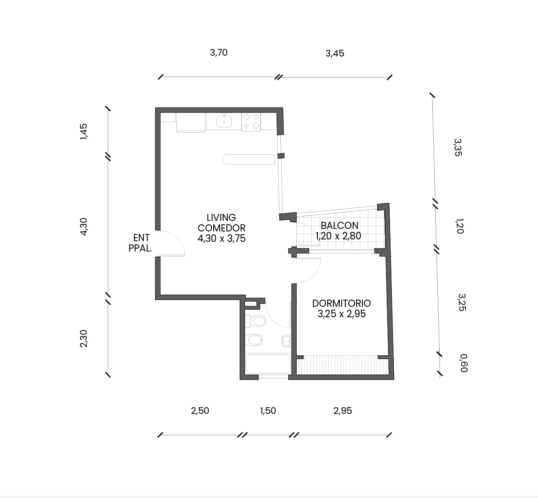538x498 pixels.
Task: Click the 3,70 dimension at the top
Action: coord(219,52)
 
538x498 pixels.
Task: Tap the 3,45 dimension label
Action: coord(335,54)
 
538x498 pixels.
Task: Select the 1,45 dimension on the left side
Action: coord(84,131)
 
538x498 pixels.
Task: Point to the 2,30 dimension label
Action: coord(84,338)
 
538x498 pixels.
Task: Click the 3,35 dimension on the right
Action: coord(458,147)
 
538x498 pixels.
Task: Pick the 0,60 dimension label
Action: coord(464,363)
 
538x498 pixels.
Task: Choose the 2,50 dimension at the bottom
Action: coord(200,411)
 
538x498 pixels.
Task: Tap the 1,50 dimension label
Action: coord(268,411)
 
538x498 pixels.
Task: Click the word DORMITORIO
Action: coord(341,303)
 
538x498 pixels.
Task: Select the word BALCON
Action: coord(339,226)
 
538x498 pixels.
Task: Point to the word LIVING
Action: coord(221,218)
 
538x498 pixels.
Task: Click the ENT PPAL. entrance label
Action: coord(140,243)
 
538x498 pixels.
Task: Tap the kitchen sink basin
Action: coord(224,121)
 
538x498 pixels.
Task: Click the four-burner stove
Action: coord(251,122)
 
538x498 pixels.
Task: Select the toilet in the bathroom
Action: coord(256,321)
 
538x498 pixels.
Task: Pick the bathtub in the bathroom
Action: coord(268,364)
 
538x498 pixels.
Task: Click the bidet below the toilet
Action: coord(254,340)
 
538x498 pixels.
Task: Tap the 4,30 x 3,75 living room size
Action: coord(222,239)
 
